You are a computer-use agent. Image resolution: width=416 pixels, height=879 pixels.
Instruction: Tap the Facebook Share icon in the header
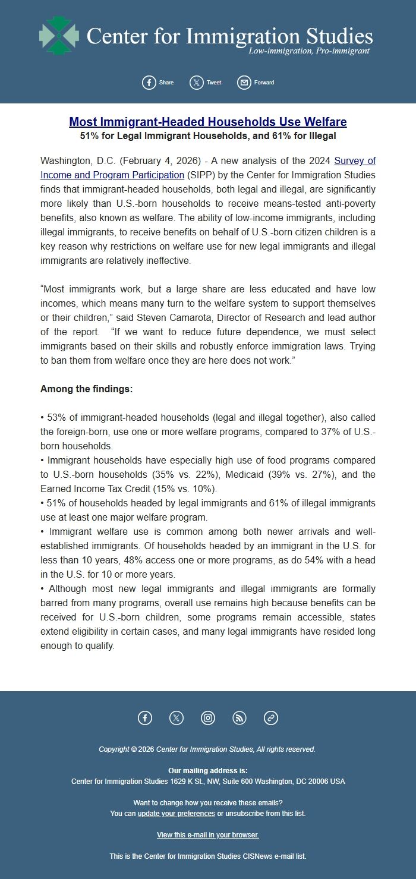pos(149,83)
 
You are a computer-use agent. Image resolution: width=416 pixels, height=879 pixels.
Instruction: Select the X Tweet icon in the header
pos(197,83)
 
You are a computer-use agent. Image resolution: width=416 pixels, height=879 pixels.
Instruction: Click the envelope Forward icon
pos(244,83)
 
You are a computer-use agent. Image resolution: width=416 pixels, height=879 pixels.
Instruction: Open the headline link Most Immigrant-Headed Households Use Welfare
pos(207,122)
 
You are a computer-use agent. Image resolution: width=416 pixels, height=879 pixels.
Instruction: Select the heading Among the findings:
pos(86,389)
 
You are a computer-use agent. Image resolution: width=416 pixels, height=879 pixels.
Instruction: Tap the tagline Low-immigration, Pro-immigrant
pos(308,51)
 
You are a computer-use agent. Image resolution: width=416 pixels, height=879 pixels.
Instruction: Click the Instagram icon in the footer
pos(208,718)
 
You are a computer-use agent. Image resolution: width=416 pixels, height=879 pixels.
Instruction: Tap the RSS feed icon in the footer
pos(239,718)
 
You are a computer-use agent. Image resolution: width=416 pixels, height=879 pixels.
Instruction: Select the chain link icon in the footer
pos(271,718)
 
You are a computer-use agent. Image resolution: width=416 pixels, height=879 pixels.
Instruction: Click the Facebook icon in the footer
pos(145,718)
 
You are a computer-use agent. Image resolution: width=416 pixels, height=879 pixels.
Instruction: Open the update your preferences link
pos(176,813)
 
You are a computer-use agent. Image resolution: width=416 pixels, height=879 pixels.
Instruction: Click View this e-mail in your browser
pos(207,834)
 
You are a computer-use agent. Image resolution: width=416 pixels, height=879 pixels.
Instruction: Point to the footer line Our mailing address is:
pos(207,770)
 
